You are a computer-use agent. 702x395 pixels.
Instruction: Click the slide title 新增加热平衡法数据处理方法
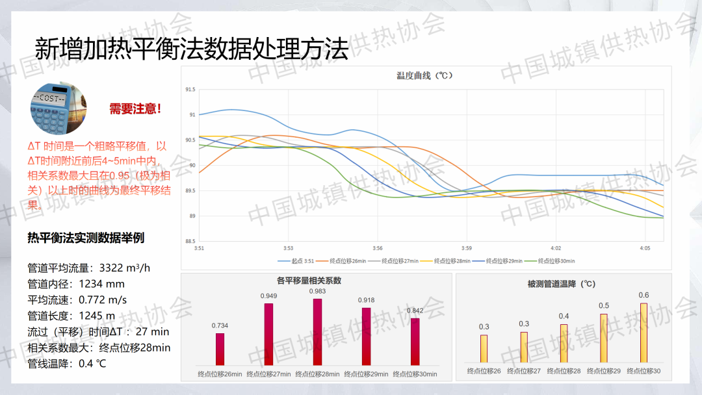tap(191, 49)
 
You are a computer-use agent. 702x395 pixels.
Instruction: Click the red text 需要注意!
tap(135, 109)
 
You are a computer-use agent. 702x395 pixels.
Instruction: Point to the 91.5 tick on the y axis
tap(190, 89)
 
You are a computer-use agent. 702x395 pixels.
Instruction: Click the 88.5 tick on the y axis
tap(190, 241)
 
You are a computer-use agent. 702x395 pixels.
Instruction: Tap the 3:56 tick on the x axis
tap(378, 248)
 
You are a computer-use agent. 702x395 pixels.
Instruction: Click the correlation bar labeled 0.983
tap(317, 331)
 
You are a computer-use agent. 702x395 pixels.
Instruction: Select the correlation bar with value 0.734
tap(220, 349)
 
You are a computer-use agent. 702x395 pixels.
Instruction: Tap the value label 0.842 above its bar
tap(415, 311)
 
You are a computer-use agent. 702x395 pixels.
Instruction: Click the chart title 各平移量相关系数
tap(309, 281)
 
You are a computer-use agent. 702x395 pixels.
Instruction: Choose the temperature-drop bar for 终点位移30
tap(643, 333)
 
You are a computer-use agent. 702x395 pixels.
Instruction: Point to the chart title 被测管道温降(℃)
tap(562, 284)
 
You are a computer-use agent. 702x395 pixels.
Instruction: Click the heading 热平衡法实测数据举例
tap(86, 238)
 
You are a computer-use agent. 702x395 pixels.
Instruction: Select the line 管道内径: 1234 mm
tap(76, 284)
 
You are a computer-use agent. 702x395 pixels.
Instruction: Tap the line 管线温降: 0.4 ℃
tap(67, 363)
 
